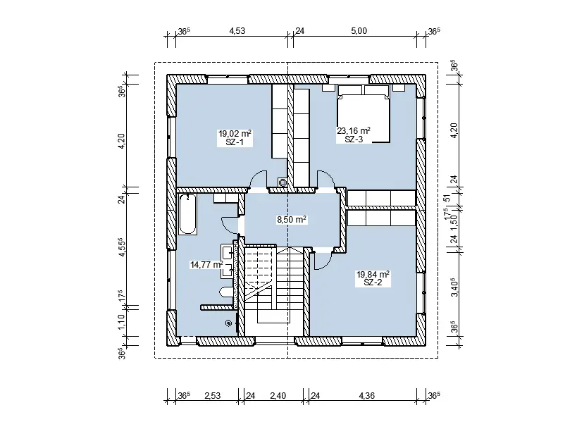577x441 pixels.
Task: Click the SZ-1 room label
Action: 235,142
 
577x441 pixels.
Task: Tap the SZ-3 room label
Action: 354,139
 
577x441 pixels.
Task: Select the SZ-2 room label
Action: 373,282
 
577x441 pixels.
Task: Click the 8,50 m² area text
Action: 292,220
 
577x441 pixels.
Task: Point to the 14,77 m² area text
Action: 206,264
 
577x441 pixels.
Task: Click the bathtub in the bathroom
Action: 187,214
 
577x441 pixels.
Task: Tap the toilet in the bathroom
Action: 227,292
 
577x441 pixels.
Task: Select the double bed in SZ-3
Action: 364,113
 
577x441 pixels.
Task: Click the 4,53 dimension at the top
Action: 237,31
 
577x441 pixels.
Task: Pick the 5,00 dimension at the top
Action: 359,31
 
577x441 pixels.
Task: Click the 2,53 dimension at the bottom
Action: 212,396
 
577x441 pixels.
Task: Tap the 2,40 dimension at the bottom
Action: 278,396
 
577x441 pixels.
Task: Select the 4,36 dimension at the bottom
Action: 366,396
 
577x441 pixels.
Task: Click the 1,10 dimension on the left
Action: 122,321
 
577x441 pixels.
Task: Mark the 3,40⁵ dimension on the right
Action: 454,287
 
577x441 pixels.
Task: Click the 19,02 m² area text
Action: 235,134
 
